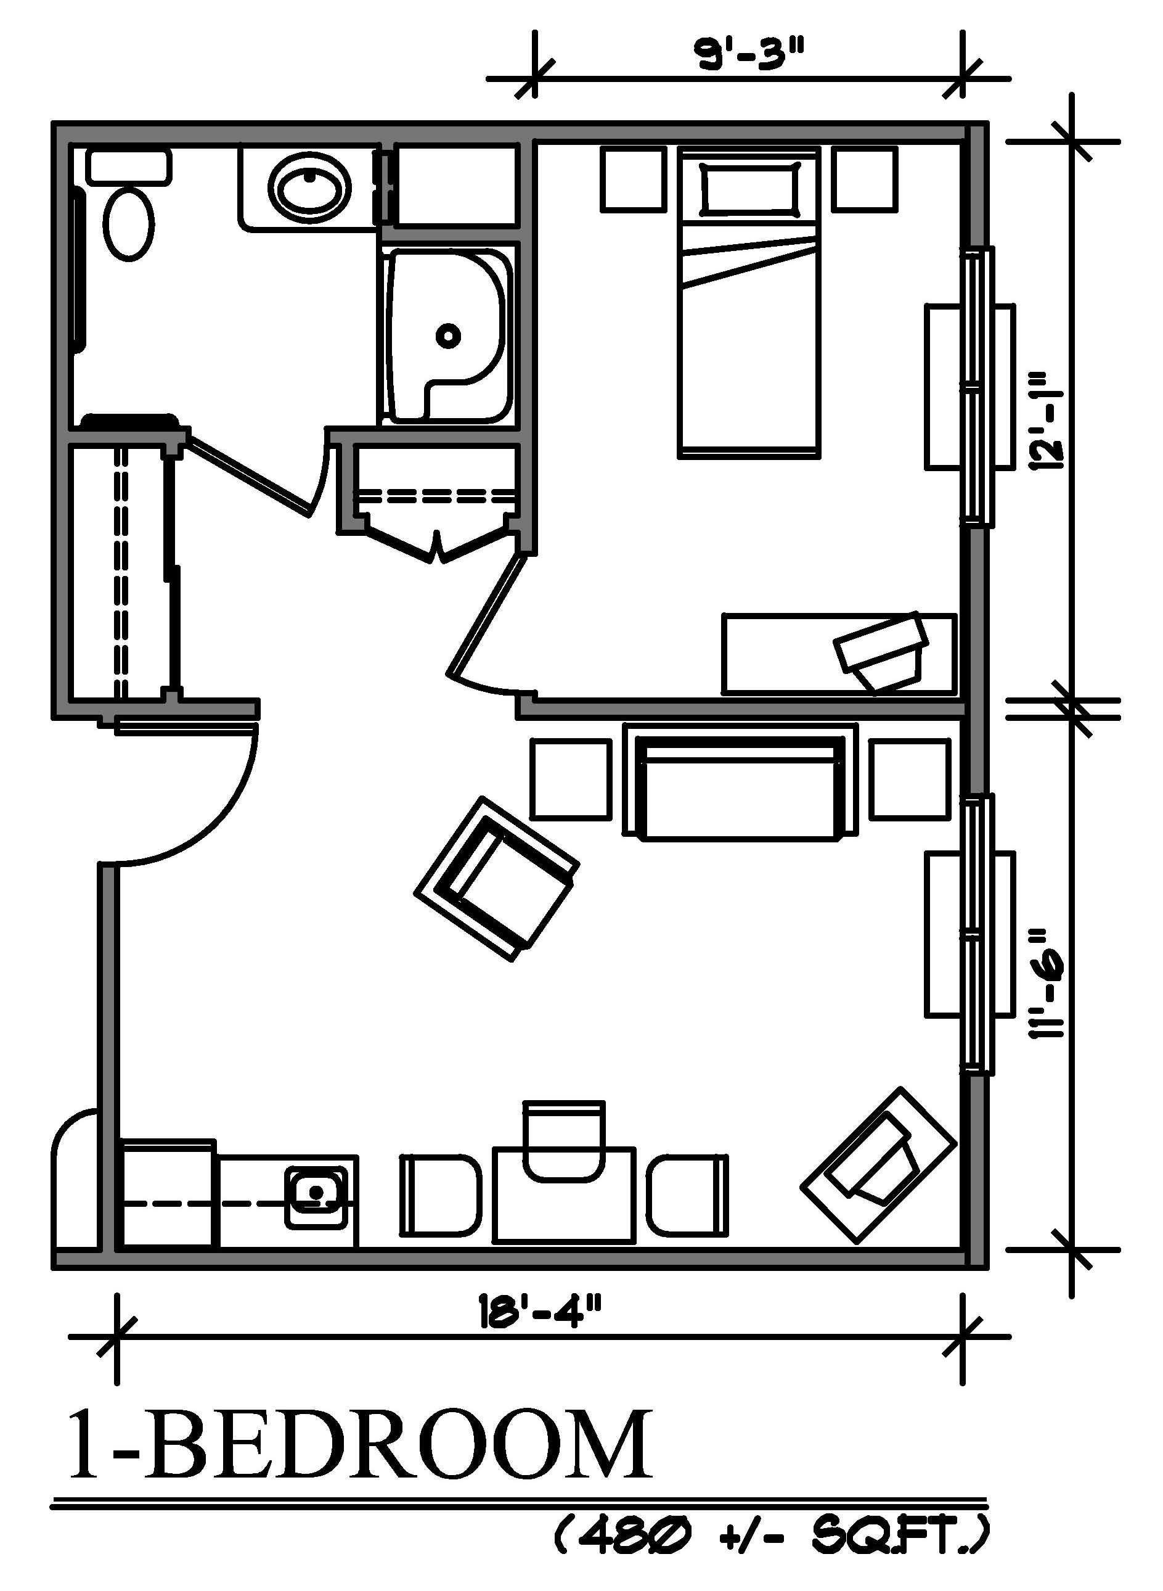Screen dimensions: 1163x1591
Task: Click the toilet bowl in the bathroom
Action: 129,224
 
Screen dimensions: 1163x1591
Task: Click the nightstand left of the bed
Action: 634,179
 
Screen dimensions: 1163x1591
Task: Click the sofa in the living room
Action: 740,787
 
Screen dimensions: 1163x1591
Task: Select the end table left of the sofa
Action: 571,779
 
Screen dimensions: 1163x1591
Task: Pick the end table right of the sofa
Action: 910,779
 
